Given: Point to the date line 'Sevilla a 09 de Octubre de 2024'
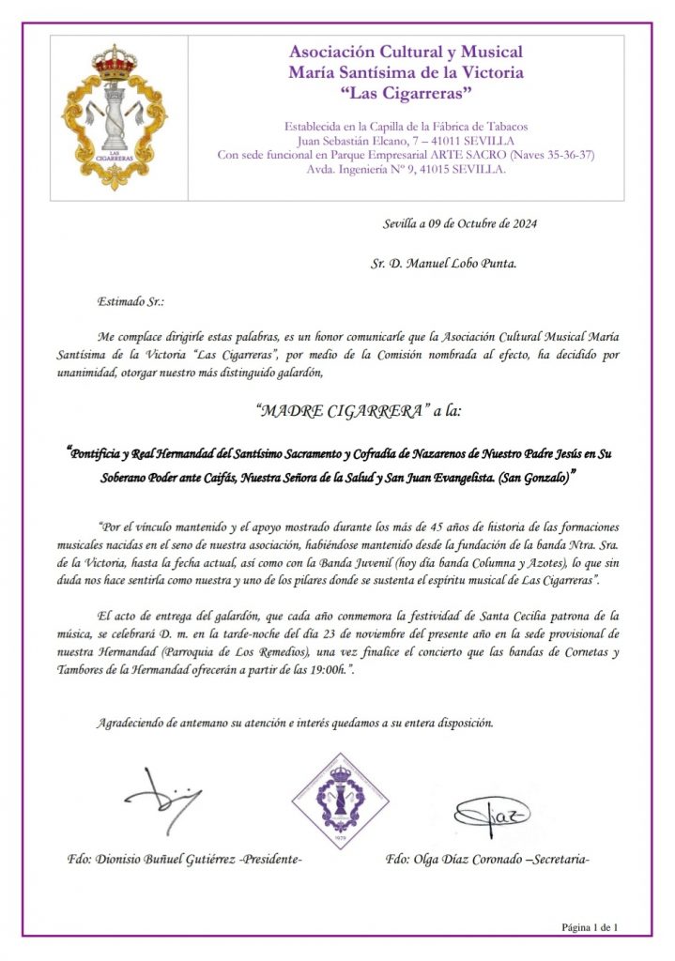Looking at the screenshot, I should pyautogui.click(x=460, y=223).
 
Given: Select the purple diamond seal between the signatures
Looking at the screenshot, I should pyautogui.click(x=338, y=802).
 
